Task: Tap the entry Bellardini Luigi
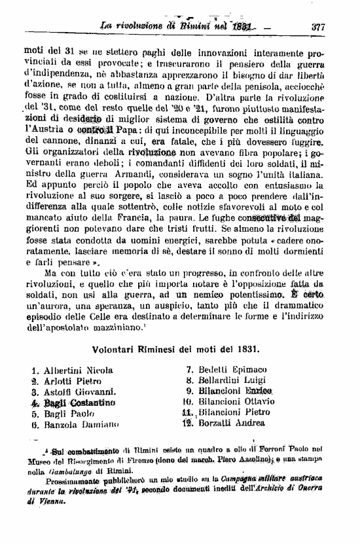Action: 236,380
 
